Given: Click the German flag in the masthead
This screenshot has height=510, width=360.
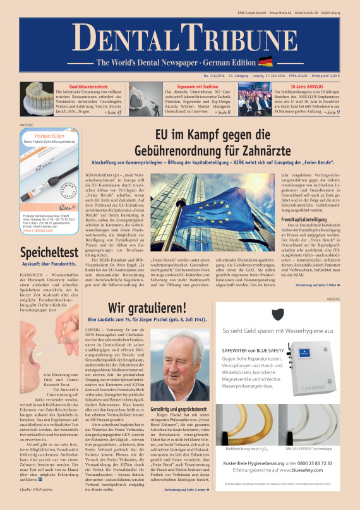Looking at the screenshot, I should click(x=266, y=62).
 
